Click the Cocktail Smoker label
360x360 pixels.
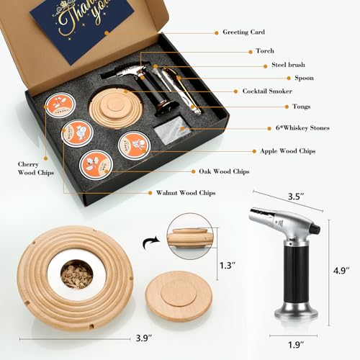point(267,91)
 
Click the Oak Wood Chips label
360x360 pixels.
point(224,171)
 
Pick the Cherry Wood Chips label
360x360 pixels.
point(28,168)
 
